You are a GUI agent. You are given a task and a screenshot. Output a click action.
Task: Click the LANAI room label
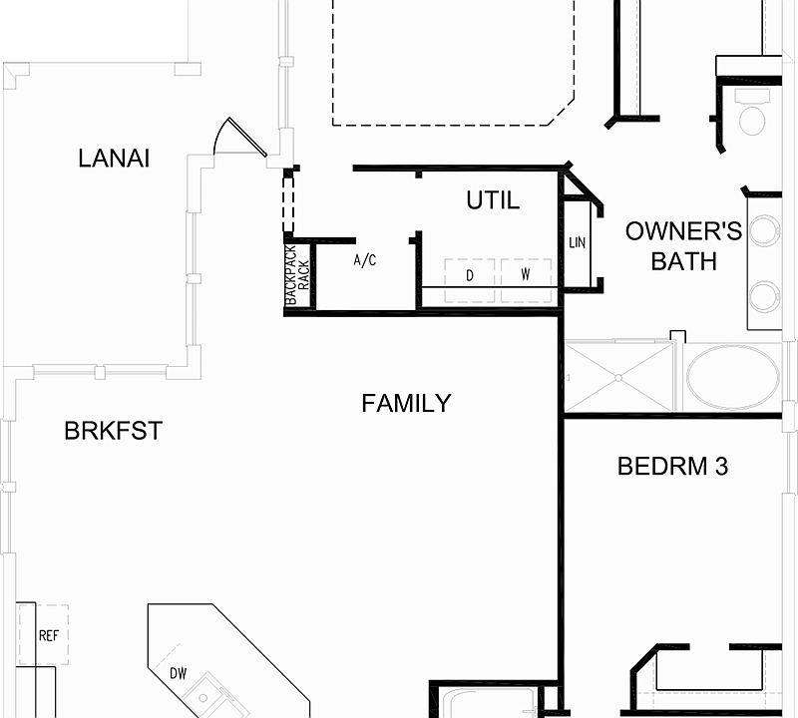(114, 158)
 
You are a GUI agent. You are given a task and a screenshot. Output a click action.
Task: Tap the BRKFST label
(113, 431)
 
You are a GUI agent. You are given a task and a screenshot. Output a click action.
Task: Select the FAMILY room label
(406, 403)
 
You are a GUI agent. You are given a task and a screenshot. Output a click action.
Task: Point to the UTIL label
(493, 200)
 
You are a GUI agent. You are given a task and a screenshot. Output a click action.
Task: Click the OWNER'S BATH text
(684, 246)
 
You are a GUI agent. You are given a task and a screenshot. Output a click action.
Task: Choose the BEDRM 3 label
(673, 466)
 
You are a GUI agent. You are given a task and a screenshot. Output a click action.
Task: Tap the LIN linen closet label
(578, 243)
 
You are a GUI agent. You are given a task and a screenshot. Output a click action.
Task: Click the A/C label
(365, 260)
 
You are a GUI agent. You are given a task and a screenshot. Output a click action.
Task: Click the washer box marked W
(525, 273)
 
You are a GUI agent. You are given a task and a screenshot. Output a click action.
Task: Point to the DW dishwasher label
(179, 674)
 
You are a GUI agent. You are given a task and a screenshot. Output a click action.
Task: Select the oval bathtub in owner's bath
(733, 377)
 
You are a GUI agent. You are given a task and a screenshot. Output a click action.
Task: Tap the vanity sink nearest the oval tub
(765, 296)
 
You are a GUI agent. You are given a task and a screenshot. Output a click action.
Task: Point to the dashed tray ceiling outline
(454, 110)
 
